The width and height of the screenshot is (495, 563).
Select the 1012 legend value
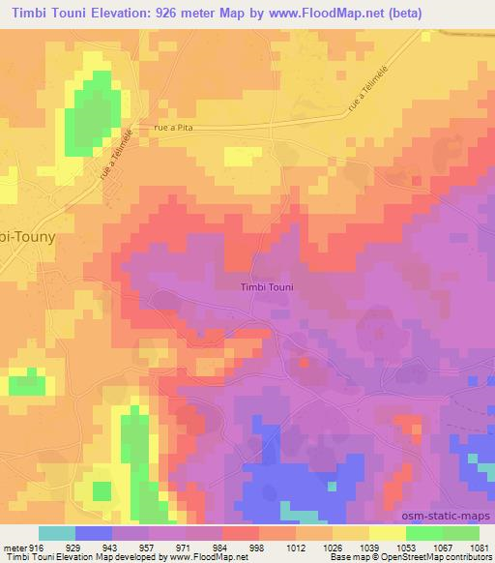point(296,547)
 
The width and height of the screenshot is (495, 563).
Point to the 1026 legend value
point(333,547)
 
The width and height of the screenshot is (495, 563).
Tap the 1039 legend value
point(369,547)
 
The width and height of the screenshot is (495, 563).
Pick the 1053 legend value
point(406,547)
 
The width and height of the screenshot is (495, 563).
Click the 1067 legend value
point(443,547)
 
